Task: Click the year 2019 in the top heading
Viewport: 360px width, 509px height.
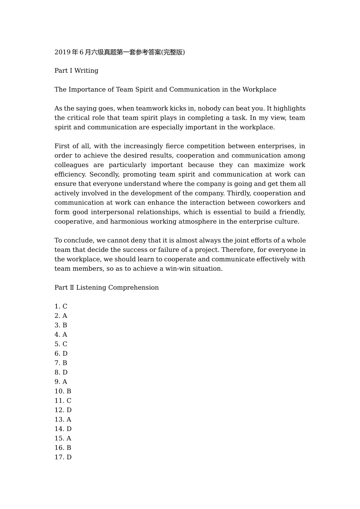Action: pyautogui.click(x=62, y=52)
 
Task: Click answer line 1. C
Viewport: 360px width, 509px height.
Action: pyautogui.click(x=61, y=306)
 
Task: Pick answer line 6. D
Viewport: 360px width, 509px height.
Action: pyautogui.click(x=61, y=354)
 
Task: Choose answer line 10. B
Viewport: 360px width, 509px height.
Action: pyautogui.click(x=63, y=391)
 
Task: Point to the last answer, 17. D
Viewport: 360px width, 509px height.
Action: pyautogui.click(x=63, y=457)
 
